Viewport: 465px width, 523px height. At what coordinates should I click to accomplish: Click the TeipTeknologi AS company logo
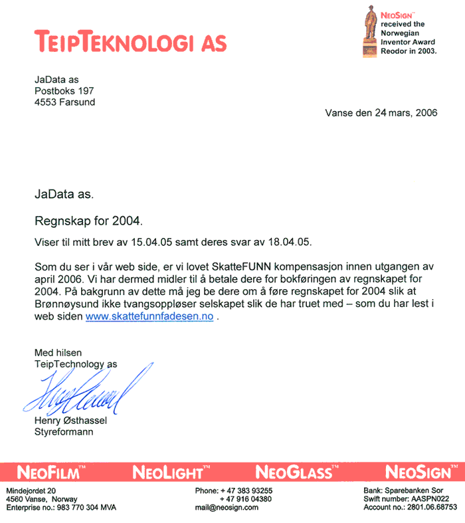click(130, 41)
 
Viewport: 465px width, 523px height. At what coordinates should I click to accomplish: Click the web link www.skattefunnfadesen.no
click(149, 317)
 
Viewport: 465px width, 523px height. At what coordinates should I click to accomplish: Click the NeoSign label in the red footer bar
click(418, 472)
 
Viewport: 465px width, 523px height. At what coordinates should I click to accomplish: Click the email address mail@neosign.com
click(227, 507)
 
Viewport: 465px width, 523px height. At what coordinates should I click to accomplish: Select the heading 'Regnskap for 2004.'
click(88, 219)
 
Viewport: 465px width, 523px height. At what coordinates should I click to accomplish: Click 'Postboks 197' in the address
click(64, 91)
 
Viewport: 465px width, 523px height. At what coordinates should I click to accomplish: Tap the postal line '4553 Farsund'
click(64, 102)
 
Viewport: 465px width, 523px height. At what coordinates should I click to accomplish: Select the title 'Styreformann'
click(64, 432)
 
